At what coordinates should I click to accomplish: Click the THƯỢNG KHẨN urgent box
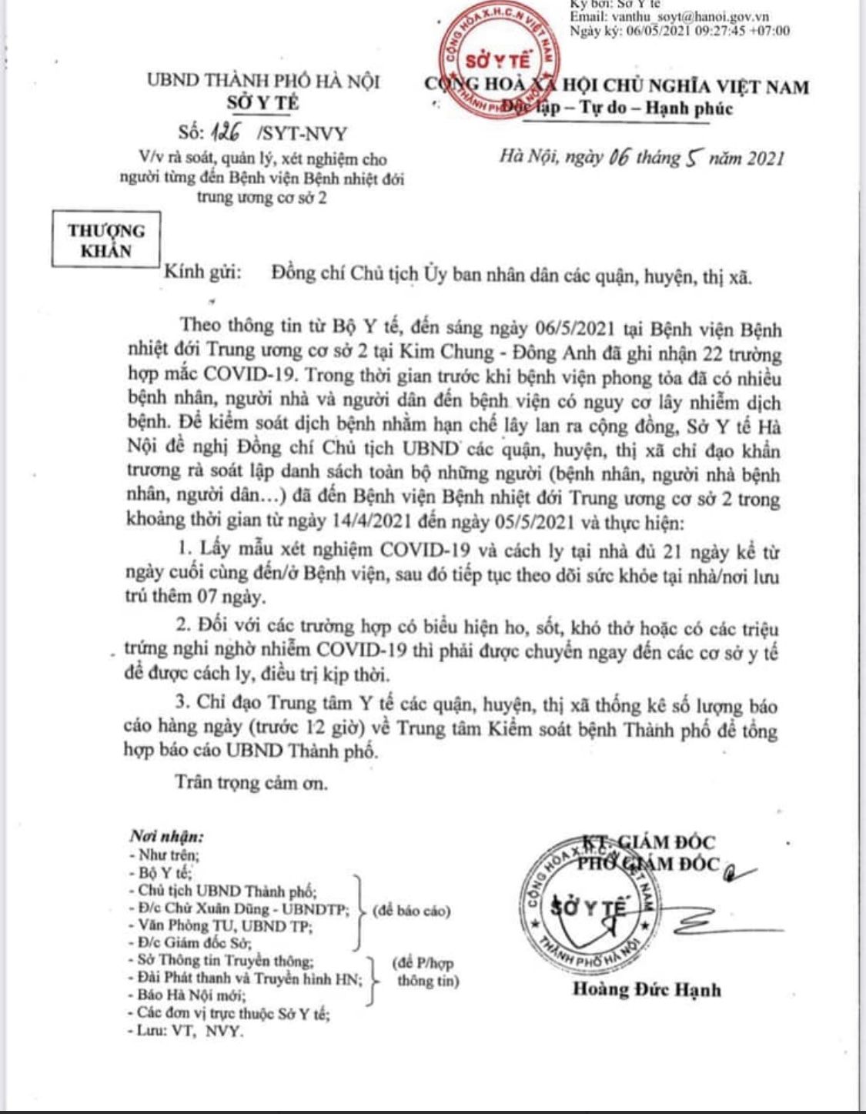105,240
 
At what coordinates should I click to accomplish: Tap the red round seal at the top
497,69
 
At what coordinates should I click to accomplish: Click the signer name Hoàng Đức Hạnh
647,989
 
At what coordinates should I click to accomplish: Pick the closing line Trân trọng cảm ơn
251,782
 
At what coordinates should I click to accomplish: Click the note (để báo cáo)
411,911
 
